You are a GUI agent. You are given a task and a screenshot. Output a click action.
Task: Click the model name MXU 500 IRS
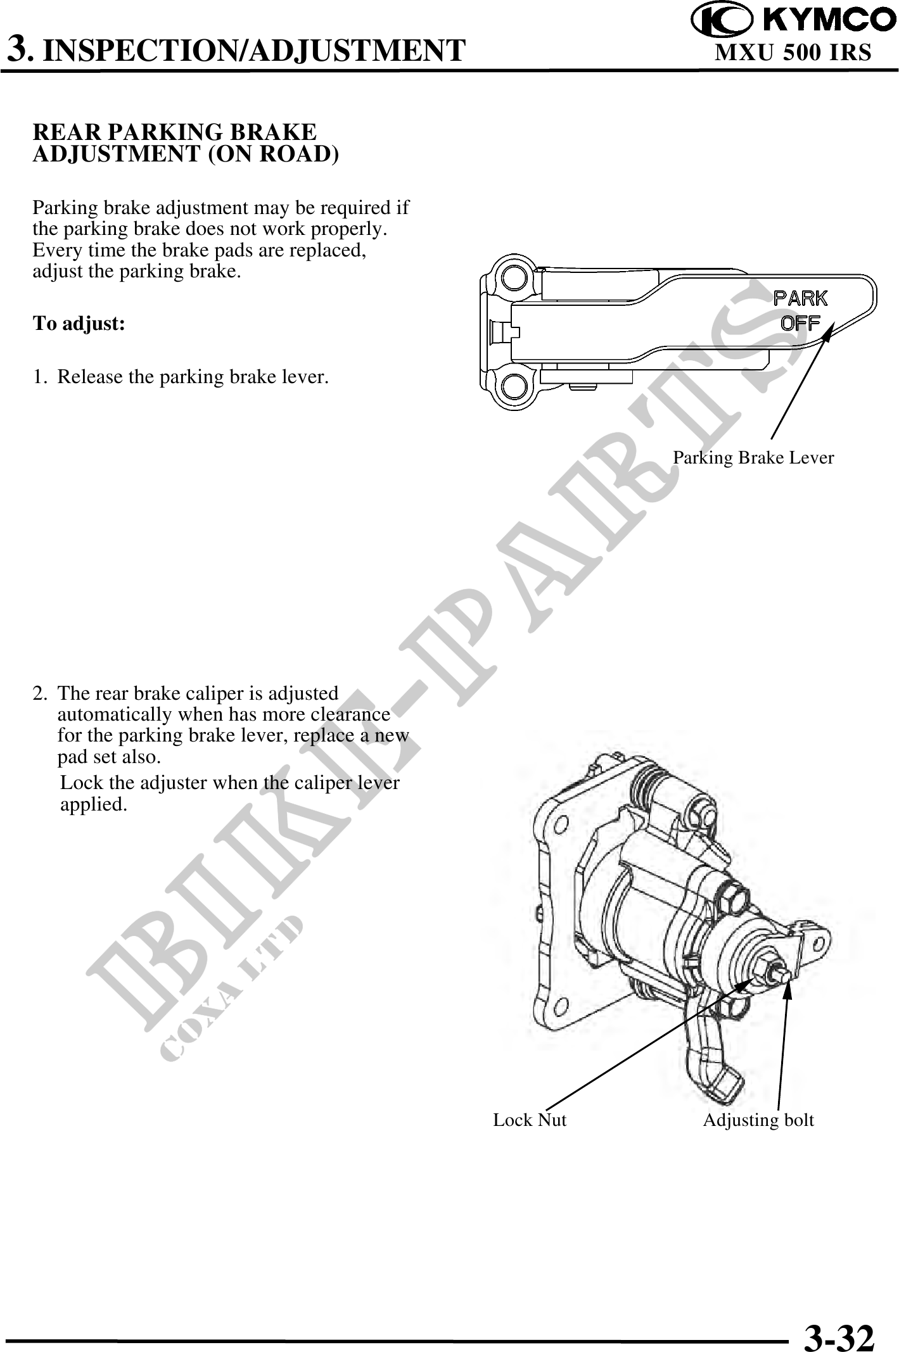[793, 52]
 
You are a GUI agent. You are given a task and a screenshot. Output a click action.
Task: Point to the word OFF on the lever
[801, 323]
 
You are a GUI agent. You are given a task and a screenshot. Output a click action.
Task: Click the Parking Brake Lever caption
[753, 457]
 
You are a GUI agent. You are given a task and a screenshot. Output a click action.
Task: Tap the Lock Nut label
[530, 1120]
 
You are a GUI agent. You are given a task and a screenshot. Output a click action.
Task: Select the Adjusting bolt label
[758, 1120]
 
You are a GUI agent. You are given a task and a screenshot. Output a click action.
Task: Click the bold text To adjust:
[79, 324]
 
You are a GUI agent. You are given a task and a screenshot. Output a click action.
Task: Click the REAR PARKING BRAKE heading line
[174, 132]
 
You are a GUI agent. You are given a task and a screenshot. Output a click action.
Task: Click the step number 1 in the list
[39, 377]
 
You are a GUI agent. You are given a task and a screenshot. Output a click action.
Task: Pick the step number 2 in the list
[39, 693]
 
